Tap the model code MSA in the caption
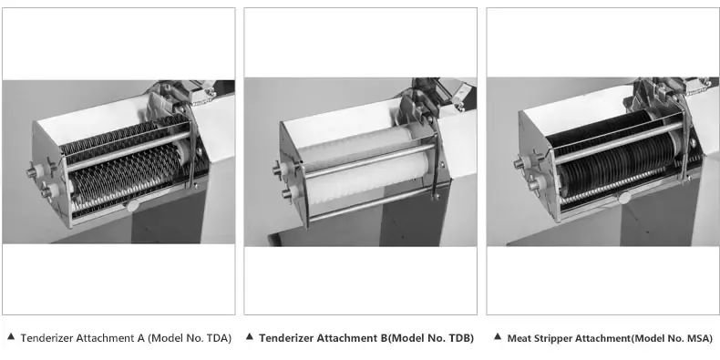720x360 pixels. [698, 338]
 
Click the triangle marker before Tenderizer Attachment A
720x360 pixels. [11, 337]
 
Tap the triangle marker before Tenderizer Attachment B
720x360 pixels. [250, 337]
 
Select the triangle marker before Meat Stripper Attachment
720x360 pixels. [498, 337]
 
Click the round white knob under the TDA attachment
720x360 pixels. [133, 205]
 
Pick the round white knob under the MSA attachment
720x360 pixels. [624, 198]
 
